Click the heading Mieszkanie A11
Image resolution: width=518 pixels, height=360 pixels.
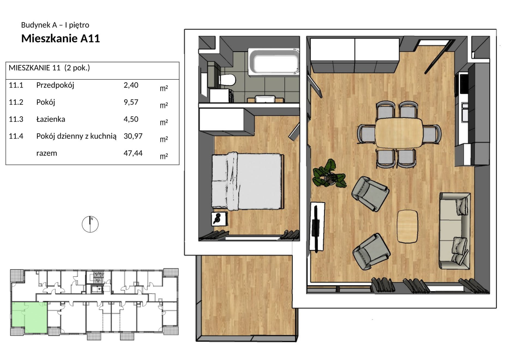pyautogui.click(x=61, y=38)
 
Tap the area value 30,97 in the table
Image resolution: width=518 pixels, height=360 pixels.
pyautogui.click(x=133, y=136)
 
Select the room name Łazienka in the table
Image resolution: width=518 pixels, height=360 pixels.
pyautogui.click(x=51, y=119)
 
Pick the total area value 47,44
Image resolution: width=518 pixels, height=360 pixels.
pyautogui.click(x=133, y=153)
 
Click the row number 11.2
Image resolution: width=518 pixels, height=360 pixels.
pyautogui.click(x=16, y=102)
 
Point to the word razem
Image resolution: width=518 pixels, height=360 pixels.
pyautogui.click(x=47, y=153)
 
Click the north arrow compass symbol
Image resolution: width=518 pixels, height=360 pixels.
pyautogui.click(x=90, y=224)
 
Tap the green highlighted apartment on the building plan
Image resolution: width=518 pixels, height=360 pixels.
pyautogui.click(x=30, y=317)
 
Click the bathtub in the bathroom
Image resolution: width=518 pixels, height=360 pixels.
pyautogui.click(x=274, y=62)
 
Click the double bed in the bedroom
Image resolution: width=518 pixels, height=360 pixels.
pyautogui.click(x=248, y=181)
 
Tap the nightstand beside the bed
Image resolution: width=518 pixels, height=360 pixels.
pyautogui.click(x=219, y=219)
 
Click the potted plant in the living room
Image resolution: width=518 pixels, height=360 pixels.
pyautogui.click(x=329, y=173)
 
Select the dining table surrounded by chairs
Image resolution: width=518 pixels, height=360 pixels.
pyautogui.click(x=399, y=133)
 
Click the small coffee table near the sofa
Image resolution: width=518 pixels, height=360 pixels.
pyautogui.click(x=407, y=226)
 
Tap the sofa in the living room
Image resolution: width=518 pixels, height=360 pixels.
pyautogui.click(x=455, y=231)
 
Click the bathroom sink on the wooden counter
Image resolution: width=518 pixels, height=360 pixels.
pyautogui.click(x=265, y=99)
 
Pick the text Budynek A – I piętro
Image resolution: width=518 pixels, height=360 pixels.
pyautogui.click(x=55, y=25)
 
